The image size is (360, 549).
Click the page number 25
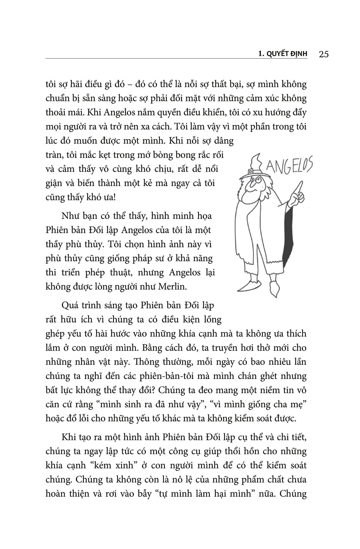(324, 54)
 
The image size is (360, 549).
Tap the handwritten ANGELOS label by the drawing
(288, 167)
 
